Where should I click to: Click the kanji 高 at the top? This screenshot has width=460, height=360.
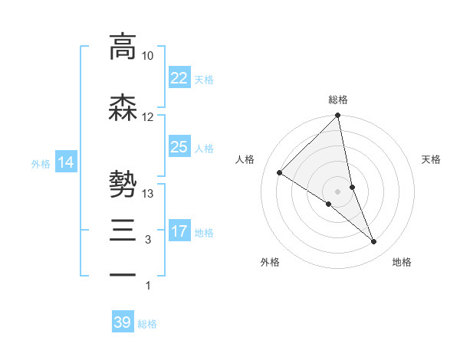[123, 47]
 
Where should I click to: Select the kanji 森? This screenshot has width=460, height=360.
[123, 108]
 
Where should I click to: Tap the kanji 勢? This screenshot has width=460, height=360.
[123, 185]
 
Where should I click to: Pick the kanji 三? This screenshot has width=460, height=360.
[123, 231]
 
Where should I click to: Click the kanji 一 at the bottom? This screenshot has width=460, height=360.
[123, 273]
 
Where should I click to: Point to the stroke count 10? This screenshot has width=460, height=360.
[148, 56]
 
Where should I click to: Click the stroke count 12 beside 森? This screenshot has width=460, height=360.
[148, 117]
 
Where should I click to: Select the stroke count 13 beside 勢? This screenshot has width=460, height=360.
[148, 194]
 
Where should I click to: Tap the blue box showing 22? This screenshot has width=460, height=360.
[179, 77]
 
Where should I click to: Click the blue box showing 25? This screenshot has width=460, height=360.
[179, 146]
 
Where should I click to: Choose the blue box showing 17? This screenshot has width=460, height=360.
[179, 231]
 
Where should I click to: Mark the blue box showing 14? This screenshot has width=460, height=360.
[66, 162]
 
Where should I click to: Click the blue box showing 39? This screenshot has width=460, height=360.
[123, 322]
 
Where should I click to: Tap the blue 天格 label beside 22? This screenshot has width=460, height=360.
[204, 80]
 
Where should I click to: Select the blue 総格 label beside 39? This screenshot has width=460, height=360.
[147, 325]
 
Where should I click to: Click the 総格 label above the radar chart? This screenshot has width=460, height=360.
[338, 100]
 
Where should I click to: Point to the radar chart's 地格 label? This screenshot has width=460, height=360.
[402, 263]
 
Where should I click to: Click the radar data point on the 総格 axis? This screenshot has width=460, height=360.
[338, 116]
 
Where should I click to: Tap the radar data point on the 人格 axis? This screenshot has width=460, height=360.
[280, 173]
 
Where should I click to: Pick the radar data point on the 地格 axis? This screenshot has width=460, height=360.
[374, 242]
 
